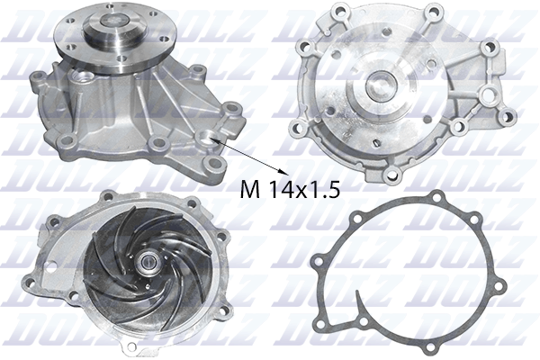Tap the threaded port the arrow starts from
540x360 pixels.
coord(211,138)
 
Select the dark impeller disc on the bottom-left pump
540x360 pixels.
coord(135,261)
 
